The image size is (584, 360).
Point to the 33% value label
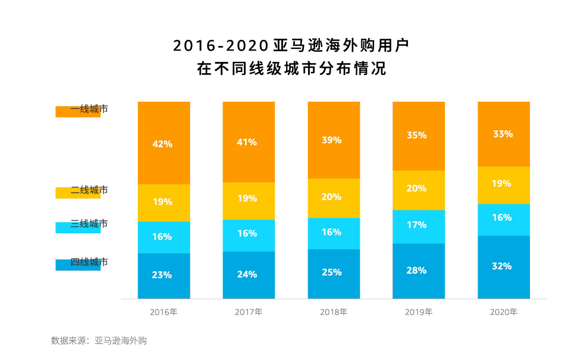click(x=503, y=134)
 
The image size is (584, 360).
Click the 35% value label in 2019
click(x=418, y=135)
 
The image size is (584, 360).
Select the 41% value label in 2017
click(x=248, y=142)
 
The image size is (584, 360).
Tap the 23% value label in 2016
click(x=163, y=275)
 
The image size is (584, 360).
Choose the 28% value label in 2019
click(x=418, y=270)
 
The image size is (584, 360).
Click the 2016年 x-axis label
click(x=164, y=312)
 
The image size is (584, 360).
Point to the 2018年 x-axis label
click(x=334, y=312)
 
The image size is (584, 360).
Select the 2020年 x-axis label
click(x=504, y=312)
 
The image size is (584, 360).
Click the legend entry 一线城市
click(x=89, y=109)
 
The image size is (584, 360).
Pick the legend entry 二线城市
click(x=89, y=190)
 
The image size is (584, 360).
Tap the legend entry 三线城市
click(x=89, y=224)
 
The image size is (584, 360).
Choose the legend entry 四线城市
click(x=89, y=262)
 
